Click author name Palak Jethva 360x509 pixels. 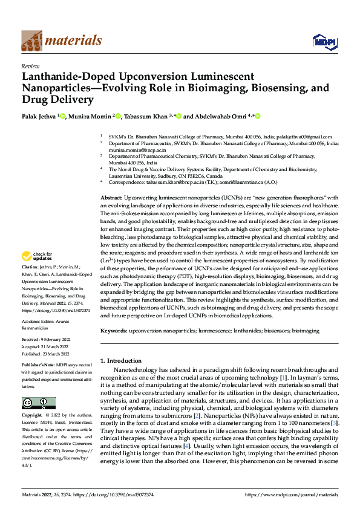point(40,116)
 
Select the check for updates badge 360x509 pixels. point(38,256)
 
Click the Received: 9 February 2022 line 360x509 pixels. point(45,342)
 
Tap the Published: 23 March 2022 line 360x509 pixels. point(45,354)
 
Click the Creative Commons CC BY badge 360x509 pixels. point(38,403)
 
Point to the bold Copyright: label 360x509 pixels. point(32,416)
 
